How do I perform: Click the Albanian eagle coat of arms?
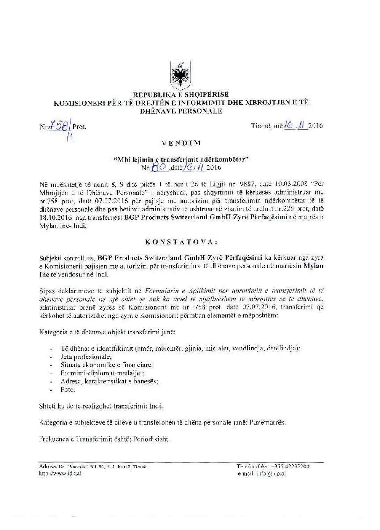click(180, 75)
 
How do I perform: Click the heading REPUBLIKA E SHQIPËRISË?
click(181, 95)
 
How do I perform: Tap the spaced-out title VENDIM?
click(181, 143)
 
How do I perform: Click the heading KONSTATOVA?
click(181, 242)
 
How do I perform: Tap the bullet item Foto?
click(68, 390)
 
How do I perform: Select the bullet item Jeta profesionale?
click(86, 357)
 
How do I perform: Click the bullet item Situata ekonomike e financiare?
click(107, 365)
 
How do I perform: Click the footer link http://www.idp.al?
click(60, 474)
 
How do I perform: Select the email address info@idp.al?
click(271, 474)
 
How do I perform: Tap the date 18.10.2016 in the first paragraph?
click(56, 217)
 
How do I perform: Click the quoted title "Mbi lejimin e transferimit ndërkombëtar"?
click(181, 160)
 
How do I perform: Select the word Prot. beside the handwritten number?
click(79, 127)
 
